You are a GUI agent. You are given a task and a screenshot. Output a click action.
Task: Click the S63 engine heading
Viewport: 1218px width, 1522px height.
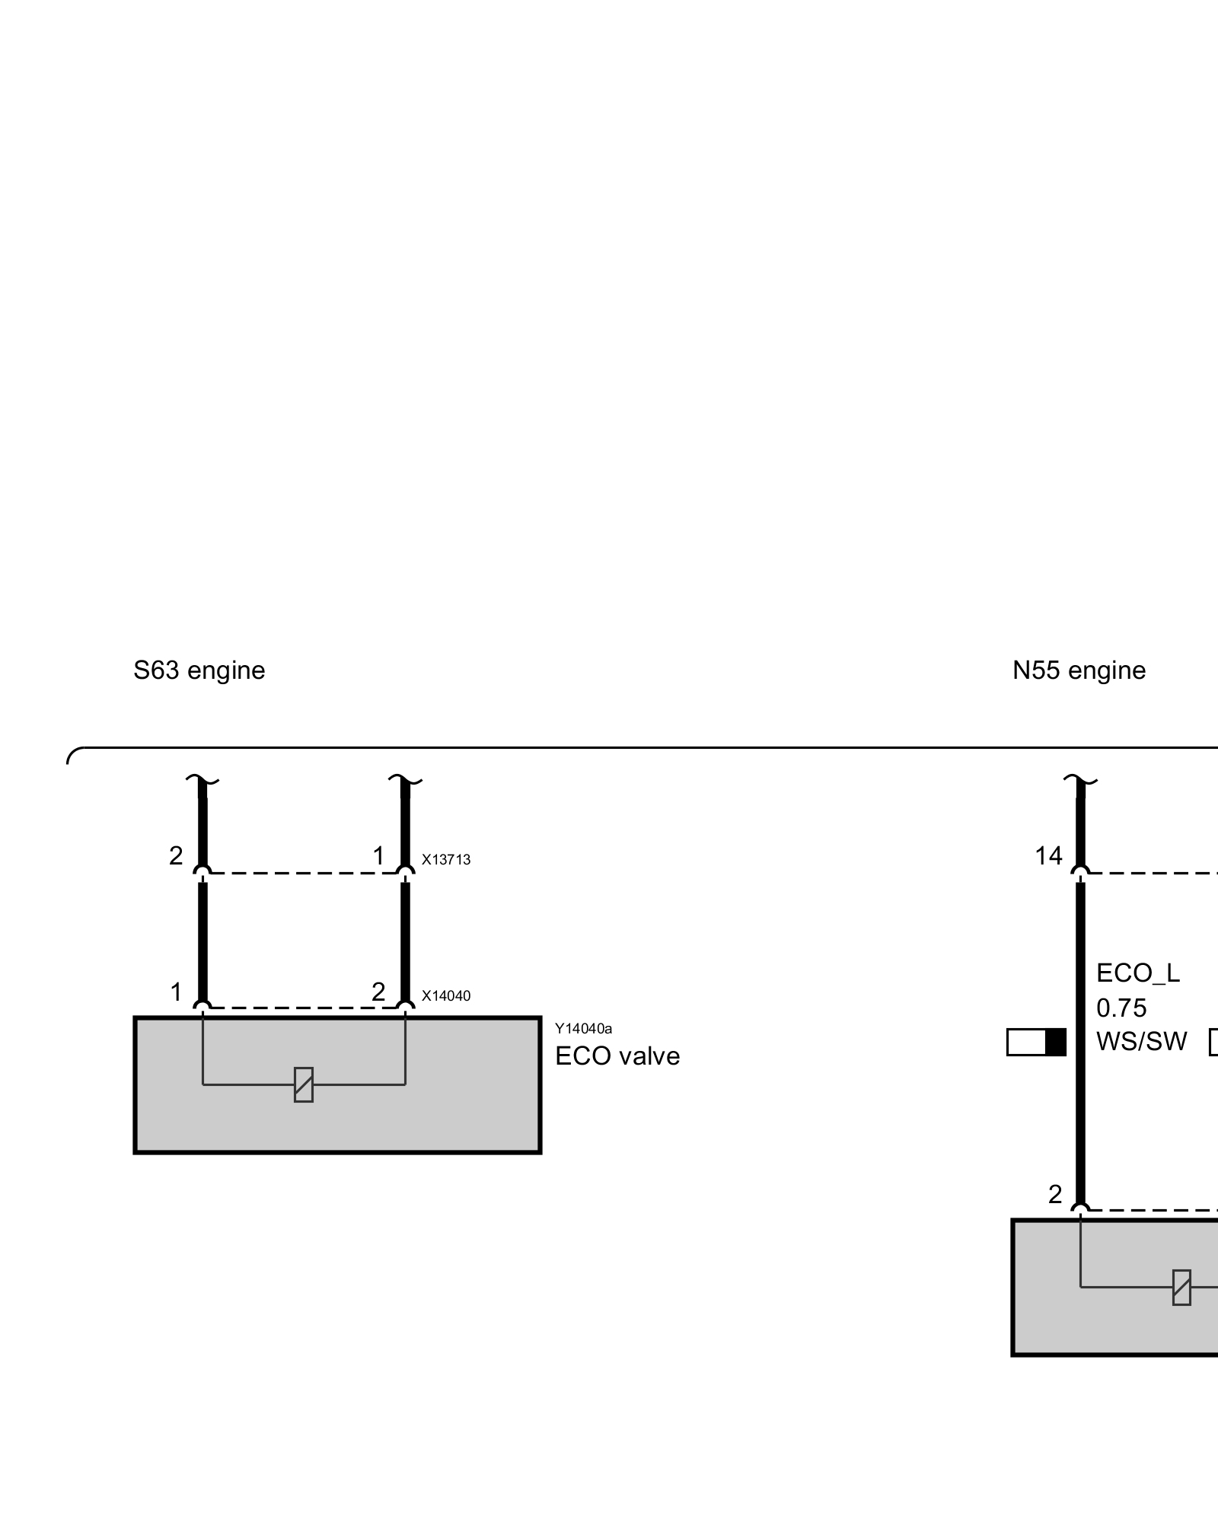coord(199,670)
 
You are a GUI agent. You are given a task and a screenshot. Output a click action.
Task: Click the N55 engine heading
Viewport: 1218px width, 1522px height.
coord(1079,670)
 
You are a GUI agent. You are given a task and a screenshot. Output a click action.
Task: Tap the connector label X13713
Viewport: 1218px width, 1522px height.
coord(446,860)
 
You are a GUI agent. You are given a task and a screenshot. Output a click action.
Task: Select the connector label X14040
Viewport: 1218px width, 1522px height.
coord(446,996)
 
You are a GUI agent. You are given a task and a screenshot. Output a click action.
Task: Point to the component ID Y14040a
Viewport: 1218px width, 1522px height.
coord(583,1029)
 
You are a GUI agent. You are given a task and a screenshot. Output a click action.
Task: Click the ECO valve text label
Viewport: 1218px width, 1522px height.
coord(617,1056)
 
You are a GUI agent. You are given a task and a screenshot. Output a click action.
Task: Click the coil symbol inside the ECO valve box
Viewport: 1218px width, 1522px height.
coord(304,1084)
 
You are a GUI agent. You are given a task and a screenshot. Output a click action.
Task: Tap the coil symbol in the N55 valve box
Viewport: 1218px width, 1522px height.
coord(1181,1288)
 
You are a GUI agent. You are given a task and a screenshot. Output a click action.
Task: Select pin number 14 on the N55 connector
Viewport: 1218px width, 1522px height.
coord(1048,857)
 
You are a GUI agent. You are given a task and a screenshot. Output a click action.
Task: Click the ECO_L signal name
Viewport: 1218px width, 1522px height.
coord(1138,973)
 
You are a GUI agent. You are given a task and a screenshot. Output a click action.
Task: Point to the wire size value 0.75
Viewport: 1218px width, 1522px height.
coord(1121,1008)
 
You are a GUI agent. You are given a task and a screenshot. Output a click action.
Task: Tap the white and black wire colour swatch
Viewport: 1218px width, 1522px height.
coord(1036,1043)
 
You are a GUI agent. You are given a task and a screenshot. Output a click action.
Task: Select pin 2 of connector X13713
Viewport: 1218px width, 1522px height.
coord(176,856)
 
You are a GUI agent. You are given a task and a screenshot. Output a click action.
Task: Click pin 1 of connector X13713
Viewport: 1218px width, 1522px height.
coord(378,856)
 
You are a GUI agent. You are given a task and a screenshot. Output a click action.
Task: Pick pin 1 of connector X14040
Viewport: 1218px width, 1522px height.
coord(176,992)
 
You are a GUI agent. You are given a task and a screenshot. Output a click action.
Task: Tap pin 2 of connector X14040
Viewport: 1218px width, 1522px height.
coord(378,992)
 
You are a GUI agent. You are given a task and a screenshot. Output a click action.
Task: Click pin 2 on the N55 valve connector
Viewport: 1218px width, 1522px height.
coord(1054,1196)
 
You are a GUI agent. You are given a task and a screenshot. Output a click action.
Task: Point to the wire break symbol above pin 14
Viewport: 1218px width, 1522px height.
coord(1079,781)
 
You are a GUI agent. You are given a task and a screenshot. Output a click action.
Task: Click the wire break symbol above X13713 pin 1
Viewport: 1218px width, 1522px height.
coord(405,781)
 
